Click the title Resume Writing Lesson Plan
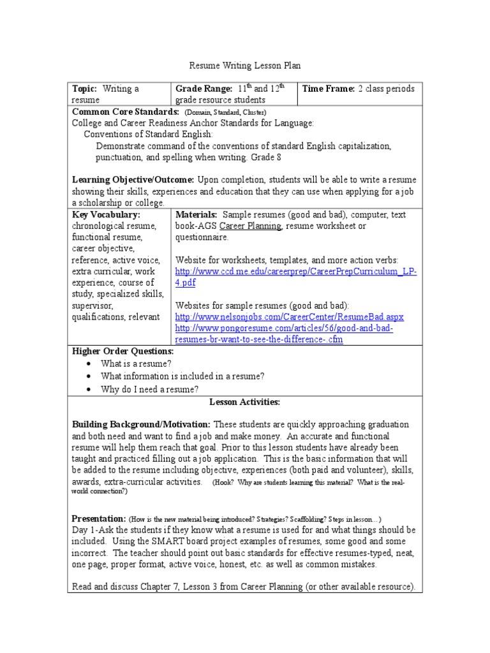click(245, 66)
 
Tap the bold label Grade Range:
click(202, 89)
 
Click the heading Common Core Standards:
click(125, 112)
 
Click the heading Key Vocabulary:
click(106, 215)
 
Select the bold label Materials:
click(197, 215)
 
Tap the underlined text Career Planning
click(250, 226)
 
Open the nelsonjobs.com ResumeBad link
click(289, 317)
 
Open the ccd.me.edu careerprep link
click(296, 272)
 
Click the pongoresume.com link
click(284, 328)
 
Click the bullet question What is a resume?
click(136, 363)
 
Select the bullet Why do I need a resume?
click(149, 389)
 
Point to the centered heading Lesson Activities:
click(244, 402)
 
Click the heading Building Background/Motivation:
click(141, 425)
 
